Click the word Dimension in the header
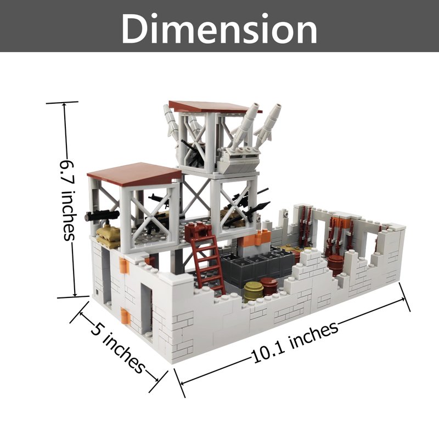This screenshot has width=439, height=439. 219,29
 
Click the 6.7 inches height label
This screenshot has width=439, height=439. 67,200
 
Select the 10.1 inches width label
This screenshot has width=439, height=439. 295,342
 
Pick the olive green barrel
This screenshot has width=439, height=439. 253,291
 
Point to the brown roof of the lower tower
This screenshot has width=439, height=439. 135,174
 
